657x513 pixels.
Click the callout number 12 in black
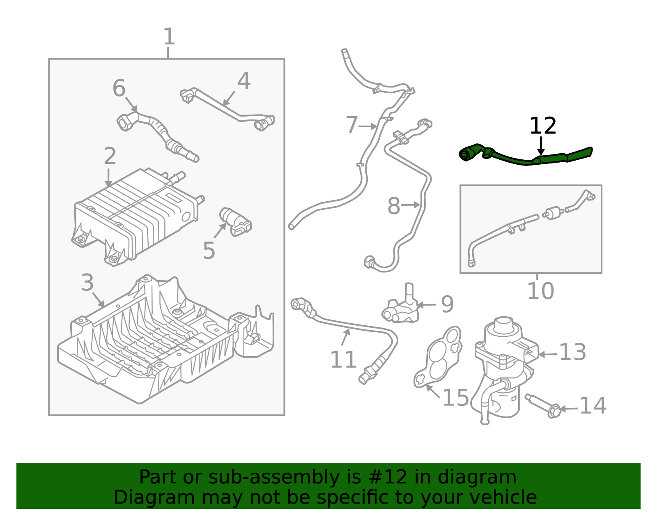[x=542, y=126]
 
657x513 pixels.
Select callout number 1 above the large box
[x=169, y=37]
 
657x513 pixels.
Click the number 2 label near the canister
[x=110, y=156]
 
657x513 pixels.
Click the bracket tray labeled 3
[x=164, y=341]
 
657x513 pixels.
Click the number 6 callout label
[x=119, y=88]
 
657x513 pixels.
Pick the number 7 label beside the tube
[x=352, y=125]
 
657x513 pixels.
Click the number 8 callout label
[x=393, y=206]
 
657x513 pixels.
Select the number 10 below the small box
[x=540, y=291]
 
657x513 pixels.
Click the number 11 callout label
[x=343, y=360]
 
